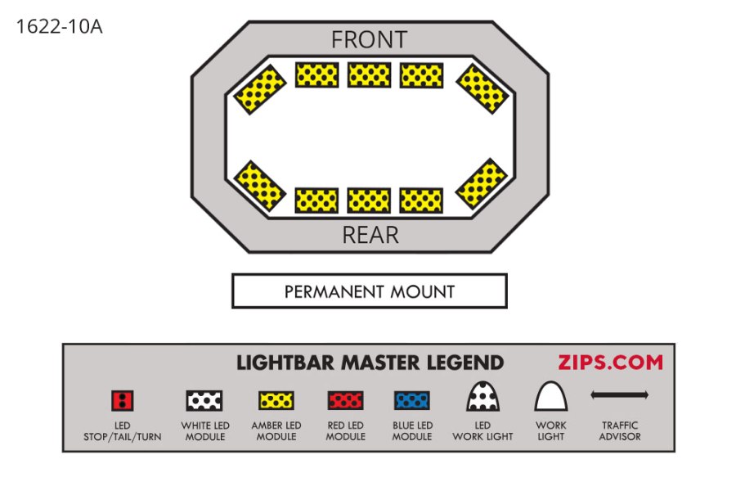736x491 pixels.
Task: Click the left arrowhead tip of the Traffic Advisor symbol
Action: point(591,395)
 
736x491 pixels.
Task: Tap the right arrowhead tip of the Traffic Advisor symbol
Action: point(648,395)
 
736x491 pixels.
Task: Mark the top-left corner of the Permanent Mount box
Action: point(232,274)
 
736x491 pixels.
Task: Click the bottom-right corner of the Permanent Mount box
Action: point(507,308)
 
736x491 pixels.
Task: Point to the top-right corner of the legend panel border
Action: point(675,344)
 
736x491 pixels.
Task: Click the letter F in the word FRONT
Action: point(337,40)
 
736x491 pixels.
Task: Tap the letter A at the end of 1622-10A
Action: point(96,27)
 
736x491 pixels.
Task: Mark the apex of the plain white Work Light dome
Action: point(550,381)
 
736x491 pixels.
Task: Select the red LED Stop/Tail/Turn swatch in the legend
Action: point(123,401)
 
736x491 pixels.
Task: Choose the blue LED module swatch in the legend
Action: point(412,401)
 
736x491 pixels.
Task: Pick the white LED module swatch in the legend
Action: point(204,401)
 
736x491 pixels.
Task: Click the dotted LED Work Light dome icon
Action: point(482,396)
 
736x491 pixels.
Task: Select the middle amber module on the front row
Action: point(370,75)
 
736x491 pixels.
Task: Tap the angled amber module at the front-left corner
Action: point(259,89)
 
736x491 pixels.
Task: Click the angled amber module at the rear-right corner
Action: point(482,183)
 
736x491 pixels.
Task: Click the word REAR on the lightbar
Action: point(370,235)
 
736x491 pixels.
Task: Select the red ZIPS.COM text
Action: point(610,363)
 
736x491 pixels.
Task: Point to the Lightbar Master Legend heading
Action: point(370,363)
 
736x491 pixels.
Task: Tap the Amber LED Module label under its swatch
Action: point(276,431)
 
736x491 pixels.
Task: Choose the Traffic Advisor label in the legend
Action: point(620,431)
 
